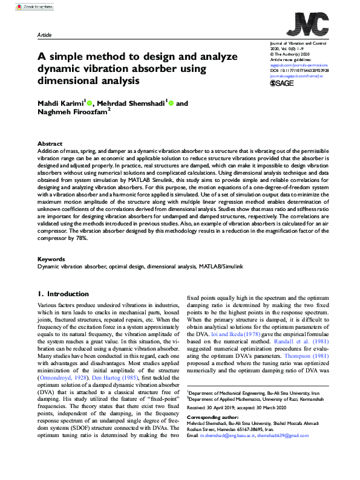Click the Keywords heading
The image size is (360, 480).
51,259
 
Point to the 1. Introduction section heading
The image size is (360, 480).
65,294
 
